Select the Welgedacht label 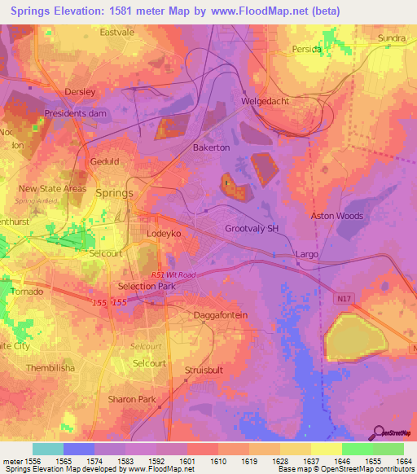266,102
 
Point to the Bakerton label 211,148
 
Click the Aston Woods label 336,216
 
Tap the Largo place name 307,254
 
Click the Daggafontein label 220,315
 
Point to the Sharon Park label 131,399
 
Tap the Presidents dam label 77,113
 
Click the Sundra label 391,38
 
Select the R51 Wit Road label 173,276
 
